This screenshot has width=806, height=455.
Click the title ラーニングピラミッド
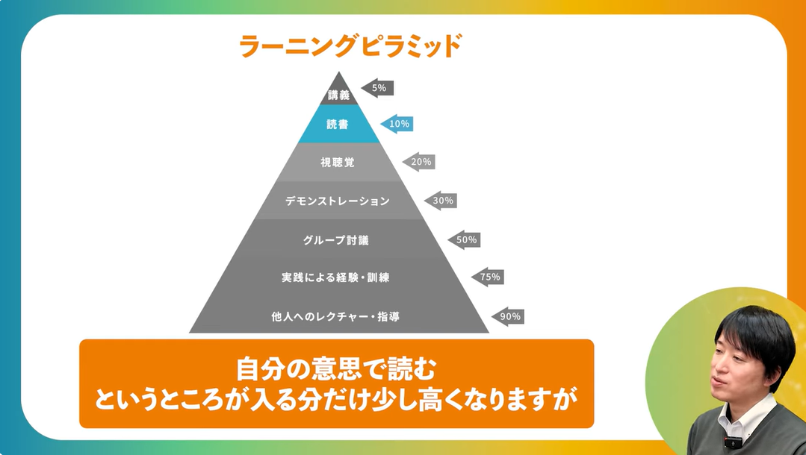click(350, 46)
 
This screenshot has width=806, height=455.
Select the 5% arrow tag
click(377, 88)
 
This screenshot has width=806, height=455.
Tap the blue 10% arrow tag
click(397, 124)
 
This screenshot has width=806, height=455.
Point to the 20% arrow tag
click(419, 162)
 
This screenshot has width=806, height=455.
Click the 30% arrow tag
click(441, 201)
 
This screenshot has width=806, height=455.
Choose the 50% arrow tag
click(464, 240)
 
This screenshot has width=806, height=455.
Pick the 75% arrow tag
click(488, 277)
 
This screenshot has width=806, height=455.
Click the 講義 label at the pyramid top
click(338, 95)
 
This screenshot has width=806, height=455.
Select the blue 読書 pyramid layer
click(338, 125)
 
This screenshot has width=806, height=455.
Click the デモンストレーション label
click(338, 201)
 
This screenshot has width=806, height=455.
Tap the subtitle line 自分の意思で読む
click(335, 368)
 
